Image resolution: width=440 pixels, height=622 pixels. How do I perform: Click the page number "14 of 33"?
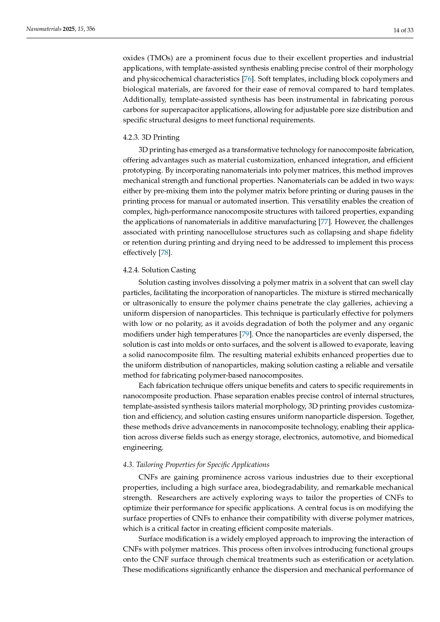(x=403, y=30)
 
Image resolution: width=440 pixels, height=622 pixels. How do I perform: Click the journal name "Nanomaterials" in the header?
(x=44, y=29)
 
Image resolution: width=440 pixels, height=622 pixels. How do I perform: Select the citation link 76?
(x=247, y=79)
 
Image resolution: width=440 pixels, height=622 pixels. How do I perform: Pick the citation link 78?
(x=165, y=253)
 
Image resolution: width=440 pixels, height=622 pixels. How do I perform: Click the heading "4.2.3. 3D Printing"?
(x=151, y=137)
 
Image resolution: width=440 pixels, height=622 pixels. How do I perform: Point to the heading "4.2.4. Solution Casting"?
(x=159, y=270)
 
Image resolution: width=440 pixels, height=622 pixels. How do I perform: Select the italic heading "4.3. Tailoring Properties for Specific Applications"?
(x=196, y=465)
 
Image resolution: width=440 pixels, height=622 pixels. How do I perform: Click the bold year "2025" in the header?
(x=69, y=29)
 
